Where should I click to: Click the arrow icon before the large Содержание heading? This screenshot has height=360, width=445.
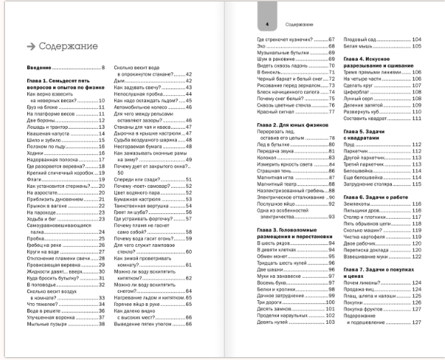point(29,46)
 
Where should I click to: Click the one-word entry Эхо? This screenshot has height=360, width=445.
point(262,45)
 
